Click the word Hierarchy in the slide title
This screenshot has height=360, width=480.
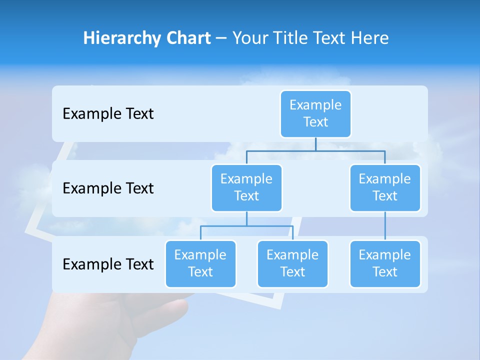(120, 38)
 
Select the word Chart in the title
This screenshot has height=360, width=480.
(186, 38)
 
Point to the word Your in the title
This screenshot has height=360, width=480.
(250, 38)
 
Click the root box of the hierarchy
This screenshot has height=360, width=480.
(315, 113)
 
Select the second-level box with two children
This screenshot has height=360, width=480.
(246, 187)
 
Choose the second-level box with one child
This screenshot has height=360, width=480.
(385, 187)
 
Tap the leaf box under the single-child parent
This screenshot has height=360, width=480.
(385, 263)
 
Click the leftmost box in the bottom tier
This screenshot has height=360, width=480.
(200, 263)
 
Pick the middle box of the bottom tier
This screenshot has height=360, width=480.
(292, 263)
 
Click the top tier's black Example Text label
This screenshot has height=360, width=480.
(108, 114)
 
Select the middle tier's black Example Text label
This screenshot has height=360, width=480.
(108, 188)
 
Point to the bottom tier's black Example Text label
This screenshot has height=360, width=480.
(108, 264)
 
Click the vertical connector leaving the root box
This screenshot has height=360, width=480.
(315, 144)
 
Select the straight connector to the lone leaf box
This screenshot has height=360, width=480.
(385, 226)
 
